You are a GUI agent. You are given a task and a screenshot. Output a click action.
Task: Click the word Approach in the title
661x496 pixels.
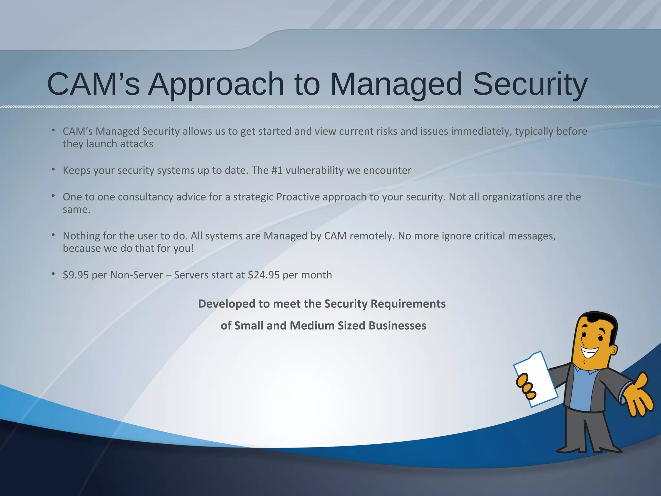[x=216, y=85]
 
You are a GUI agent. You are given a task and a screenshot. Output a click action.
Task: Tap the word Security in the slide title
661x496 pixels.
[x=530, y=85]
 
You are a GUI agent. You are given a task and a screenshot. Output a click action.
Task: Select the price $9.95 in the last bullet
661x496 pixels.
[x=76, y=275]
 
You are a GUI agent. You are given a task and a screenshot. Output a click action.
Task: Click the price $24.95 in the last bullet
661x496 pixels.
[x=264, y=275]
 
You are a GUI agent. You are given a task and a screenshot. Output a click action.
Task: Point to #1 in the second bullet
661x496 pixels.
[x=277, y=170]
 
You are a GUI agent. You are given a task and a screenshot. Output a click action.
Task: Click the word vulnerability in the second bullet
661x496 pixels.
[x=315, y=170]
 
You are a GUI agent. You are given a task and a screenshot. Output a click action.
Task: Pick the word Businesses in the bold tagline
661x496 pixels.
[x=397, y=325]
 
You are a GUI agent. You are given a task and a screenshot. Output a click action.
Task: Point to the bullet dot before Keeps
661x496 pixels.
[x=53, y=169]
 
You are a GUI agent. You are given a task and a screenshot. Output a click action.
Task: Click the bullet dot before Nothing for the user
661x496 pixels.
[x=53, y=235]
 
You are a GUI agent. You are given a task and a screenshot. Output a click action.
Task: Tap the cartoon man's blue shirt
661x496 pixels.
[x=583, y=391]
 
